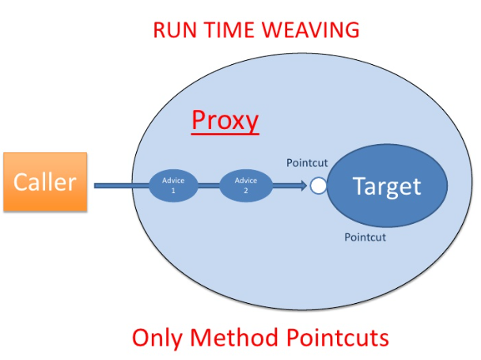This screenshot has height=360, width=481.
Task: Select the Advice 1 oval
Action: pos(173,186)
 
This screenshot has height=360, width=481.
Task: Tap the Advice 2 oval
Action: pos(241,186)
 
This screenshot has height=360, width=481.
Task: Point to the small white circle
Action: pos(318,186)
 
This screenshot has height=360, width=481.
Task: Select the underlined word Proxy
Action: pos(225,120)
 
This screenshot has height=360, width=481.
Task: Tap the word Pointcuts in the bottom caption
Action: pos(337,338)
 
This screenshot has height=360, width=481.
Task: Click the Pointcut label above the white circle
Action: pos(307,163)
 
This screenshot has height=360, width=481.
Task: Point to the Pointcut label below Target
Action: pos(365,237)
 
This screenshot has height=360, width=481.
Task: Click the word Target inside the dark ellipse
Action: pos(387,187)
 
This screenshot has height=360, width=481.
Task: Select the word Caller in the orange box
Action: pos(45,182)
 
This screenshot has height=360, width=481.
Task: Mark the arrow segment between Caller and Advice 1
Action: pos(121,186)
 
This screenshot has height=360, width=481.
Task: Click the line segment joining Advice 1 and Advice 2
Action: pos(207,186)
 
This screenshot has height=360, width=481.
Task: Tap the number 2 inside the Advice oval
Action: pos(246,191)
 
